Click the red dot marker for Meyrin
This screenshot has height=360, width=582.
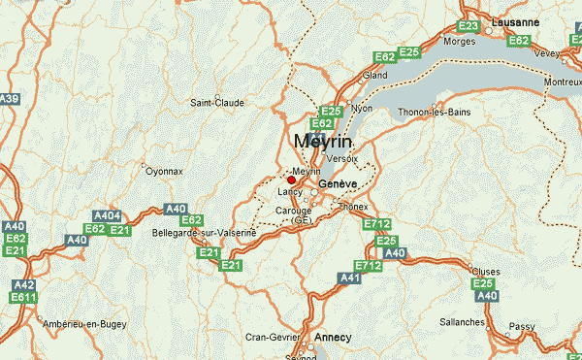click(x=291, y=180)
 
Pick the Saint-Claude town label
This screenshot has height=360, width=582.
click(x=216, y=102)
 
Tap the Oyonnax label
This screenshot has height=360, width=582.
click(x=163, y=171)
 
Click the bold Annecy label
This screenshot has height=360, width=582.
click(x=333, y=337)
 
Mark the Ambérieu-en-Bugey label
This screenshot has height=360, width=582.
click(x=81, y=322)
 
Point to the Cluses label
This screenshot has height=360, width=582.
click(x=484, y=271)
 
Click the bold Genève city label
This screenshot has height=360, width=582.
click(x=339, y=183)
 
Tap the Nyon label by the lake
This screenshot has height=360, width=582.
click(x=362, y=108)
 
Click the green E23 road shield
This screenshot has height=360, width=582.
click(x=469, y=26)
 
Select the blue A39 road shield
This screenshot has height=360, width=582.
click(x=10, y=99)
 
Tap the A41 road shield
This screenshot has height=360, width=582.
click(x=349, y=278)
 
